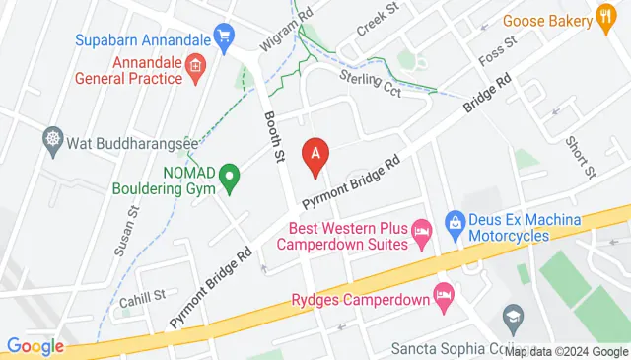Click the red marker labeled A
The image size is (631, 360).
pos(315,155)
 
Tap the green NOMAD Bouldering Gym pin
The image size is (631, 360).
pos(230,179)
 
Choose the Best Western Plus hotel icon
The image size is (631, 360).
pos(421,233)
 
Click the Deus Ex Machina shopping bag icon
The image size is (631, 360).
pos(455,223)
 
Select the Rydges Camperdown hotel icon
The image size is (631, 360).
pos(444,294)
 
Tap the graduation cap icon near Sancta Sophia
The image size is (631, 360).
pos(514,317)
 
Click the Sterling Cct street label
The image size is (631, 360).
pos(369,79)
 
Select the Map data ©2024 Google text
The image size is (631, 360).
pos(565,350)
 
